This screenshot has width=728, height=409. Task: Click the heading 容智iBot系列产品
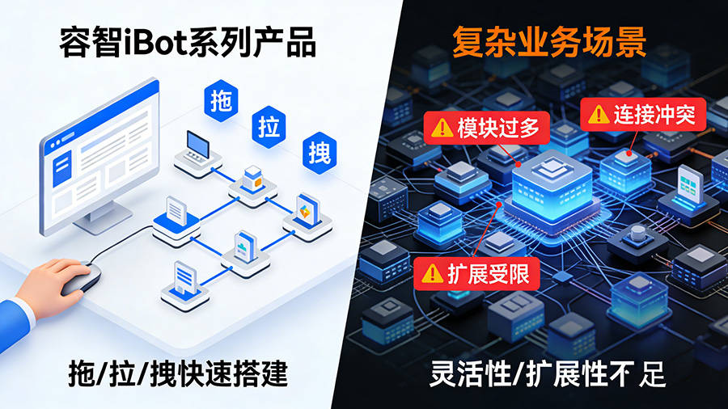[187, 43]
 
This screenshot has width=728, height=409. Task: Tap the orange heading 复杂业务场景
[548, 43]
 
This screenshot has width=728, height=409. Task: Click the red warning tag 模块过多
[486, 127]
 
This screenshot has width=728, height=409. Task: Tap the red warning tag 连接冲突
[644, 114]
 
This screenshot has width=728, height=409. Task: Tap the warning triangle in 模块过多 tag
[442, 128]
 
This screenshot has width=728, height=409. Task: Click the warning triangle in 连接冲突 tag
[599, 115]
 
